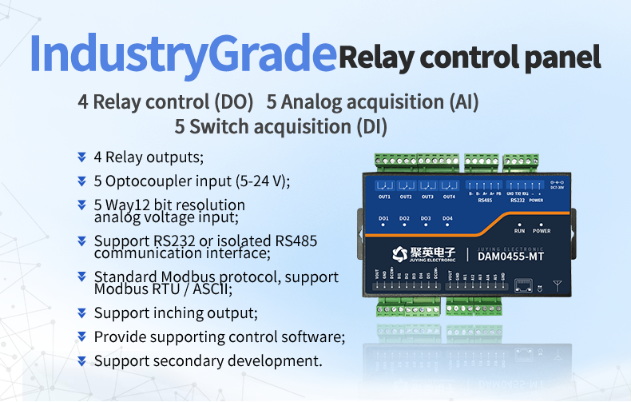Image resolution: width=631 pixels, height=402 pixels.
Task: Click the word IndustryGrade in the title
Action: pyautogui.click(x=181, y=54)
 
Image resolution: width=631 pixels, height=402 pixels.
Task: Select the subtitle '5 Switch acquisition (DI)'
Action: pyautogui.click(x=280, y=126)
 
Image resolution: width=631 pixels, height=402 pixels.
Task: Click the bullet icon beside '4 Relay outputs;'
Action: pyautogui.click(x=81, y=157)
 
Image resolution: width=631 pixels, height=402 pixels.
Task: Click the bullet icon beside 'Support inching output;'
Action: pyautogui.click(x=81, y=312)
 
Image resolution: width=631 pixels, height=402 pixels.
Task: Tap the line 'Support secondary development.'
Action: pyautogui.click(x=208, y=361)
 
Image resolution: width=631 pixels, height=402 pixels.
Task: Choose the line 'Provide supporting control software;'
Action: pyautogui.click(x=219, y=336)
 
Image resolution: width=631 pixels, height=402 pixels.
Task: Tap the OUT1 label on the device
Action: pyautogui.click(x=384, y=197)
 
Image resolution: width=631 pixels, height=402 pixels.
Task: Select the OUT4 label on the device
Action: pyautogui.click(x=449, y=197)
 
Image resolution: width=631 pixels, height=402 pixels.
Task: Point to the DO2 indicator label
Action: pyautogui.click(x=405, y=218)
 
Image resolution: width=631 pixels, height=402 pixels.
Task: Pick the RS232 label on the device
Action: pyautogui.click(x=518, y=201)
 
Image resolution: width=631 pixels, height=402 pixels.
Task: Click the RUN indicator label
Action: pyautogui.click(x=519, y=231)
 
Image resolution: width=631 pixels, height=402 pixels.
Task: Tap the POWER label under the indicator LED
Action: pyautogui.click(x=542, y=231)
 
